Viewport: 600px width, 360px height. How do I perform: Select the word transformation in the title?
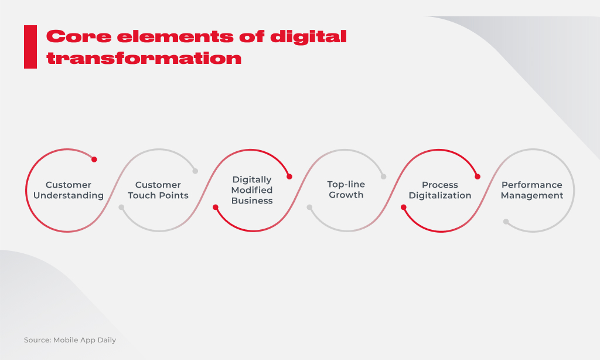pos(144,58)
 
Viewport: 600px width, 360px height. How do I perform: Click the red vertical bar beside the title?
pos(30,47)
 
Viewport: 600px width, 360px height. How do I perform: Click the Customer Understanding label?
pos(69,190)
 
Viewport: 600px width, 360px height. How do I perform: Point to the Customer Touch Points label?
pos(158,190)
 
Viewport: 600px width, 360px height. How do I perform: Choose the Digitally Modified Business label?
pos(252,190)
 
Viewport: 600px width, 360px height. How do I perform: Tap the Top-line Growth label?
pos(346,189)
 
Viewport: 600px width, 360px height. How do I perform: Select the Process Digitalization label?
pos(440,190)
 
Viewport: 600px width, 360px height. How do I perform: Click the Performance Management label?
pos(532,190)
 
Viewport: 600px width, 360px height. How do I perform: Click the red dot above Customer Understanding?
pos(94,159)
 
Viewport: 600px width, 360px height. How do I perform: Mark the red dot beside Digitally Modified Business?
pos(289,176)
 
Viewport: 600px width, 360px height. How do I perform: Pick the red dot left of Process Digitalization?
pos(403,207)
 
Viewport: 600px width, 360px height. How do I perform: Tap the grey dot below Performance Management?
pos(506,222)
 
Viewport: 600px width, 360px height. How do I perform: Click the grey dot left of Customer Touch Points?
pos(121,207)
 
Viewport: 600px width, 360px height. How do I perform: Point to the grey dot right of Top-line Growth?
pos(383,176)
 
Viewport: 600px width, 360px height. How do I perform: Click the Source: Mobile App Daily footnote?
pos(70,340)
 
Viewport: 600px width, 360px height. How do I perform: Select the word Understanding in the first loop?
pos(69,195)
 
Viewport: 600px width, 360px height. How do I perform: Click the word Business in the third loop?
pos(252,201)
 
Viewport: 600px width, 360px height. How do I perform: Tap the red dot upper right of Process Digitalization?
pos(478,176)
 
